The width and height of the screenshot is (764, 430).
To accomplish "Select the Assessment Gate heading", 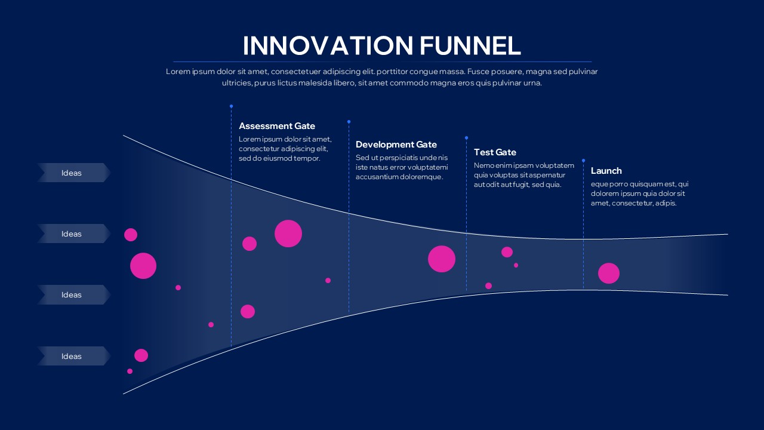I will [276, 126].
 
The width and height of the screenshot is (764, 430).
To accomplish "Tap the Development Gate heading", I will [396, 145].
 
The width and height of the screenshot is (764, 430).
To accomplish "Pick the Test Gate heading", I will [495, 152].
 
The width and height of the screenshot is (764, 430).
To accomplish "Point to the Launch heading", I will [606, 171].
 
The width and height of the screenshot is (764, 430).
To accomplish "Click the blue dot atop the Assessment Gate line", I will [231, 106].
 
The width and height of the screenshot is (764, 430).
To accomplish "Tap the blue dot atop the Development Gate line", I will [349, 121].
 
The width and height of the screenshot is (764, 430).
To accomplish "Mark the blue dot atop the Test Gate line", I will [466, 138].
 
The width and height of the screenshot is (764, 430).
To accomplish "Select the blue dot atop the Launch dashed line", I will [583, 160].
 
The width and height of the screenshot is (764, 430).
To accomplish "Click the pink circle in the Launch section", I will [608, 273].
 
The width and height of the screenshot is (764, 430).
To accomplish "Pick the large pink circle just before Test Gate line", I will [441, 259].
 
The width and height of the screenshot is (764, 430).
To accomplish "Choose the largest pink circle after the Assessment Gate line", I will [288, 233].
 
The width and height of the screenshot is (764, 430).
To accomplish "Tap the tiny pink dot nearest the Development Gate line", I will [328, 280].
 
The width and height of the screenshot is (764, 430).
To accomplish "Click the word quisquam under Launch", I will [637, 184].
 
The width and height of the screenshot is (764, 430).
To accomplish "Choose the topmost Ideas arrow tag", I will [72, 173].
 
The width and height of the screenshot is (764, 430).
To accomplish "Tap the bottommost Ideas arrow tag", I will [72, 356].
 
